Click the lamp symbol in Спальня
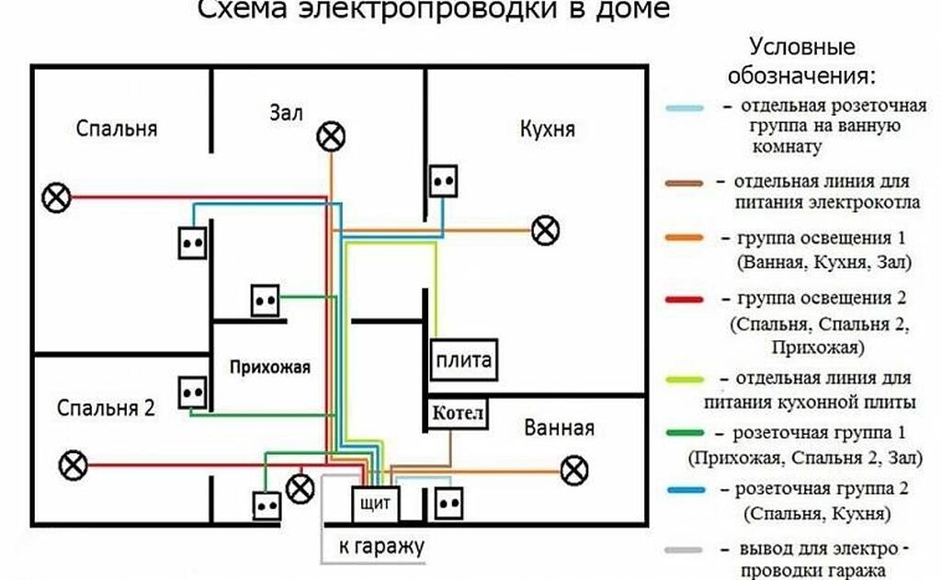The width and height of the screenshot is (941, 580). click(58, 197)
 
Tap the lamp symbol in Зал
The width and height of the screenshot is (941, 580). click(331, 137)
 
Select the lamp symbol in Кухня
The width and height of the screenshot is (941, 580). click(546, 230)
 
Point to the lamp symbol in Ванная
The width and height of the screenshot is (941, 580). click(574, 472)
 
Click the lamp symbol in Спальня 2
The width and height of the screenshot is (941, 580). click(72, 465)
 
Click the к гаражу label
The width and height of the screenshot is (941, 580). click(380, 547)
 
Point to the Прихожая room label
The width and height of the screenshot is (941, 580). click(270, 367)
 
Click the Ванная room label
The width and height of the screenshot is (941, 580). click(559, 427)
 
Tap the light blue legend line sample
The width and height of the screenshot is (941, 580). click(685, 108)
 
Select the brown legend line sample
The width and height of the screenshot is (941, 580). click(685, 183)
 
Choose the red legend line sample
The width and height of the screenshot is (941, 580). click(685, 300)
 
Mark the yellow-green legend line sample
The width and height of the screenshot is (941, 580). click(685, 379)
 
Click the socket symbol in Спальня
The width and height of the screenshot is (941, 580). click(193, 243)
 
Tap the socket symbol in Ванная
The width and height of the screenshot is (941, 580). click(449, 502)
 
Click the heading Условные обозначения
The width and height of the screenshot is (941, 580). click(801, 59)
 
